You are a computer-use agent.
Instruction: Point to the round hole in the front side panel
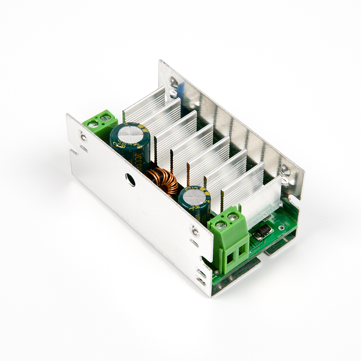coord(130,179)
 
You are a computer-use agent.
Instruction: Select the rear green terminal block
coord(100,123)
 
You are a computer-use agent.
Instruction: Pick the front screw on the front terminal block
coord(221,225)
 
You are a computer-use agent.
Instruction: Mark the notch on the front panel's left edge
coord(74,152)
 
